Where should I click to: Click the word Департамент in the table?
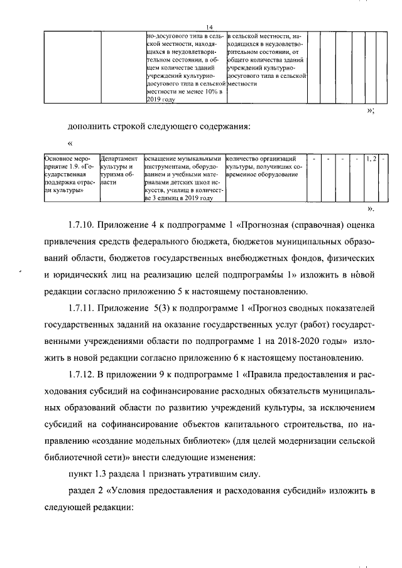(119, 159)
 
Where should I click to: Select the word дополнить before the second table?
(91, 126)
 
